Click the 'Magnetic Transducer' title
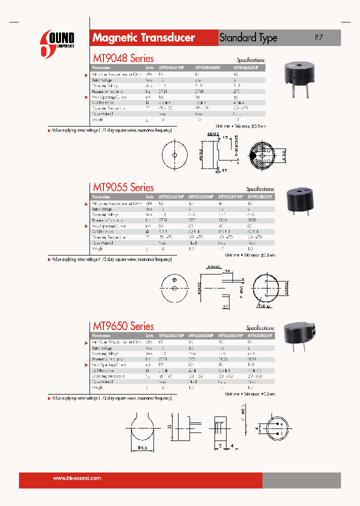(143, 38)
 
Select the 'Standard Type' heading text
(248, 38)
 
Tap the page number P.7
(319, 37)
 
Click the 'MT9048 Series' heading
(123, 58)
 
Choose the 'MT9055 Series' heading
(123, 187)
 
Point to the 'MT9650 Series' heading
(123, 326)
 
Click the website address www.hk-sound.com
(77, 478)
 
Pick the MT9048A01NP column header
(171, 67)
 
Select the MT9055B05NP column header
(260, 197)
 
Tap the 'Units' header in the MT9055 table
(149, 197)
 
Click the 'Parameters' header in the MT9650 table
(101, 335)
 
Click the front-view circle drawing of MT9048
(174, 155)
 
